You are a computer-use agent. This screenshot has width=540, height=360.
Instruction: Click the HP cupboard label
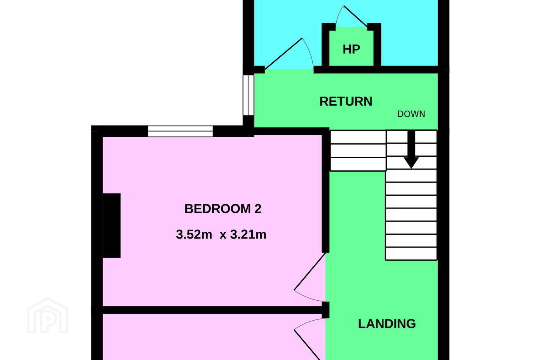(351, 49)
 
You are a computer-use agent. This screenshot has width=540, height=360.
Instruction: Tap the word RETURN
(346, 101)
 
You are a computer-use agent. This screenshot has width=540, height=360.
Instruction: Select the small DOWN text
(411, 114)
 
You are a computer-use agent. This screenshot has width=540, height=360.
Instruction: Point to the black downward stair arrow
(411, 150)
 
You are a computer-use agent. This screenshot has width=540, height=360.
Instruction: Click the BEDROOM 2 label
(223, 209)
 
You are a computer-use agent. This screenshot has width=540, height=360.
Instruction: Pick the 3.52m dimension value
(194, 234)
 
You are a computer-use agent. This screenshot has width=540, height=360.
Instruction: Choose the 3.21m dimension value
(248, 234)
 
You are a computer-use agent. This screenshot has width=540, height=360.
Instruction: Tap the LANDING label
(387, 324)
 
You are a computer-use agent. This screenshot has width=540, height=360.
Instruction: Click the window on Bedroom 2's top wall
(180, 131)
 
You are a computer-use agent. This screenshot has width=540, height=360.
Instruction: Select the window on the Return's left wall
(248, 95)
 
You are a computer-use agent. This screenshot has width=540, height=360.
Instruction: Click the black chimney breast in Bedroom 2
(112, 225)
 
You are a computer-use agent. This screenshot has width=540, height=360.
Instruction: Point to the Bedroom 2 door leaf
(310, 271)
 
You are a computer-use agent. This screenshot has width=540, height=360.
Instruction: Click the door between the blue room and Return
(283, 54)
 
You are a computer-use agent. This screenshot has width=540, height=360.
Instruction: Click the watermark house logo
(48, 316)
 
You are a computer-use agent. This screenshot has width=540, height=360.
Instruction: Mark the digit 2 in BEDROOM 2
(258, 209)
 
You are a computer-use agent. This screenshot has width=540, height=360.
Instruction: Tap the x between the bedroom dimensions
(223, 235)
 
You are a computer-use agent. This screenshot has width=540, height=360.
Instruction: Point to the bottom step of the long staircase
(411, 253)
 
